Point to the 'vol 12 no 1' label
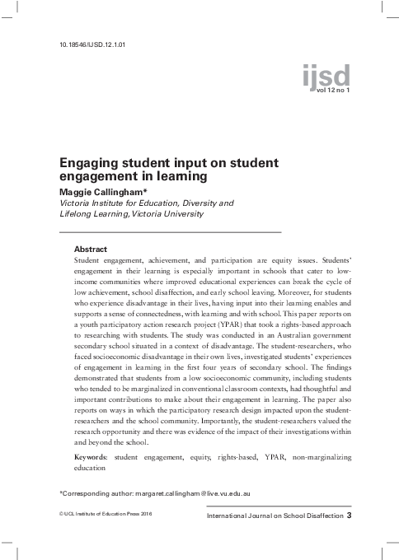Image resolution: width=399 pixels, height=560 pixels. pyautogui.click(x=328, y=90)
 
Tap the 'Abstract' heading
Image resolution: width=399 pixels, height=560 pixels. pyautogui.click(x=91, y=248)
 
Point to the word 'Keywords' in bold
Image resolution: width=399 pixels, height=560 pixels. pyautogui.click(x=91, y=455)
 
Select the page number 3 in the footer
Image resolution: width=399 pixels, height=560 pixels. pyautogui.click(x=350, y=516)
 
